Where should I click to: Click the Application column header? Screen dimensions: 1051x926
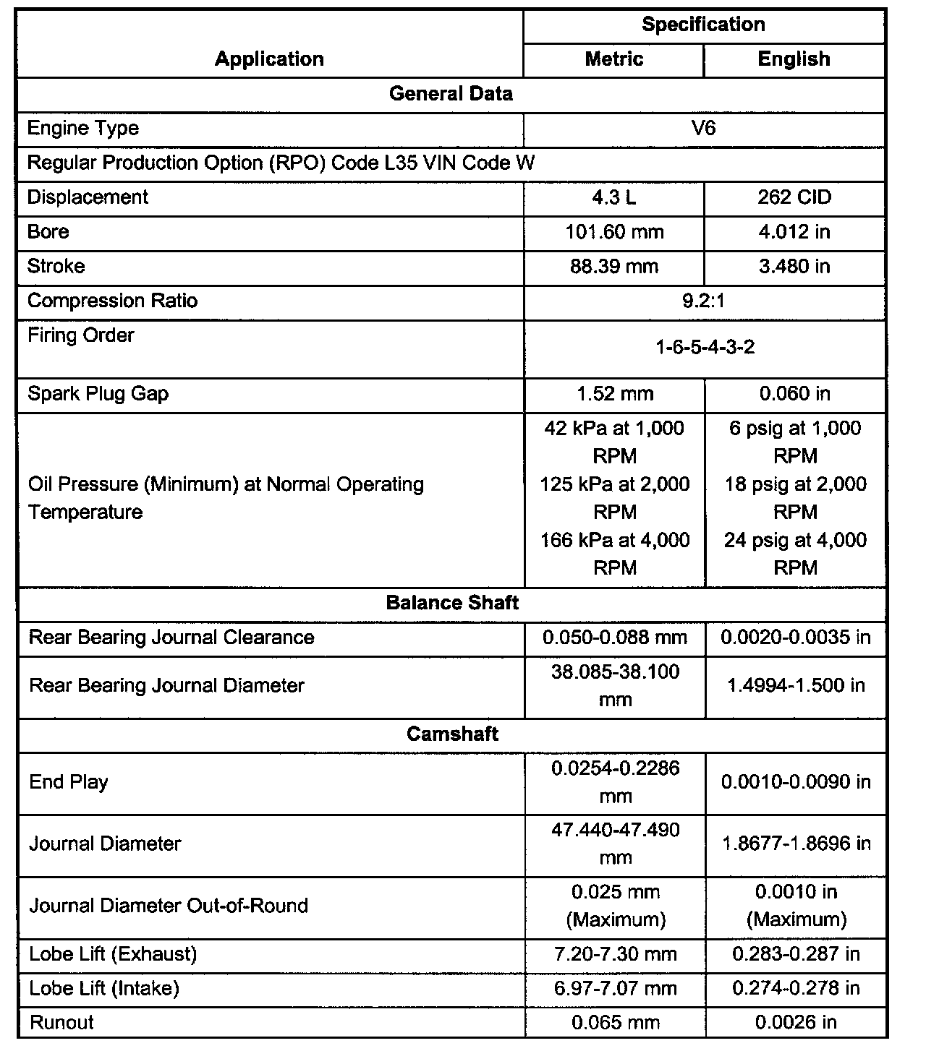[269, 59]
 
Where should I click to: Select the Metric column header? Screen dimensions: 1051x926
[613, 59]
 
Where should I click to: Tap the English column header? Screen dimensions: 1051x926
[794, 59]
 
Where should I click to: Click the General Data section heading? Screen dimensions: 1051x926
[451, 94]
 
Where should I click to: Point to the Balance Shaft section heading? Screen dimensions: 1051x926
[452, 603]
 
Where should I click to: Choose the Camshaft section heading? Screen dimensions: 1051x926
[452, 734]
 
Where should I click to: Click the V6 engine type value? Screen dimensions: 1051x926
[703, 129]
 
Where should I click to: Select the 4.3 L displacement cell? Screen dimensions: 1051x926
[613, 197]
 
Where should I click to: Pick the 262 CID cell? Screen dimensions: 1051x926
[794, 197]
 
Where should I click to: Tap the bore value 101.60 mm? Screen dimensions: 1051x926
[614, 232]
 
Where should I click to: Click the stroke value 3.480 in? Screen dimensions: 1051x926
[794, 267]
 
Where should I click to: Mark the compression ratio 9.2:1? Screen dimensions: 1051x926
[703, 301]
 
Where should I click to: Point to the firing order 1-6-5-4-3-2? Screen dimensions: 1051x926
[705, 348]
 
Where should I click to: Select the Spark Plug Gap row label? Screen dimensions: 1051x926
[98, 394]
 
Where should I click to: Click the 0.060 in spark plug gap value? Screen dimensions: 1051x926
[794, 394]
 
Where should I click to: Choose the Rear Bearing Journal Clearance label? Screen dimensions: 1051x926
[171, 638]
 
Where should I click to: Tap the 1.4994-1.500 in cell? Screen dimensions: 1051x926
[796, 685]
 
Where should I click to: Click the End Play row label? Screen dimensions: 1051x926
[68, 782]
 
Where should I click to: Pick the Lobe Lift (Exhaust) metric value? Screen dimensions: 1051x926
[615, 954]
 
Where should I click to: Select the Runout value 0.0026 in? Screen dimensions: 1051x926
[796, 1023]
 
